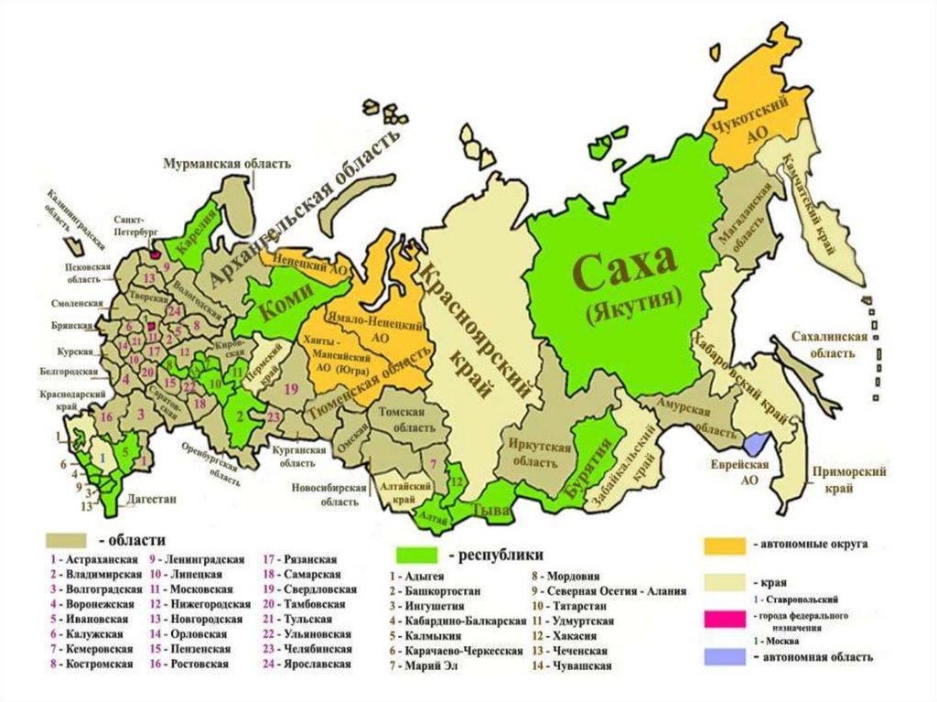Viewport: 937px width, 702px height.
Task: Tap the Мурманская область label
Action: (227, 164)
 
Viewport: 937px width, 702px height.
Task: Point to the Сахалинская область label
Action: (829, 344)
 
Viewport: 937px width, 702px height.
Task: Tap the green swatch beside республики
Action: (419, 555)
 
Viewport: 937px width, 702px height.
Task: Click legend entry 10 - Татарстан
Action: (566, 606)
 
